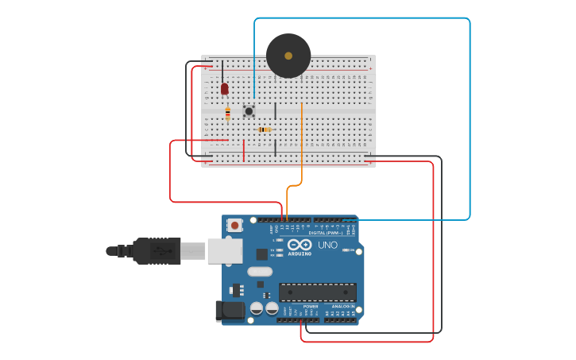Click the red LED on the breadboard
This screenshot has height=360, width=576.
pos(224,88)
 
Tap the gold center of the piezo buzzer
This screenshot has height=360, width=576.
pos(288,56)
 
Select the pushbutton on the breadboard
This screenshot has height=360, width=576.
pos(249,111)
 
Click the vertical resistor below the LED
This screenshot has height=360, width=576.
pos(227,114)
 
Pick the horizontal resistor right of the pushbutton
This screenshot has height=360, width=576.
pos(265,130)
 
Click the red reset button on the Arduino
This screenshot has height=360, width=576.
pos(234,225)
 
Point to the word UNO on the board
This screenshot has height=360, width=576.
pos(327,246)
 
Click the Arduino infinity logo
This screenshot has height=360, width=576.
pos(300,245)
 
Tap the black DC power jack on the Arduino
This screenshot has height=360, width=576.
pos(230,311)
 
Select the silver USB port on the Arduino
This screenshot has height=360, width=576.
pos(225,250)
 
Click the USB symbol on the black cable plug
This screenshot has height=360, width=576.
pos(164,251)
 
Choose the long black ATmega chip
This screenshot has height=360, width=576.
pos(317,292)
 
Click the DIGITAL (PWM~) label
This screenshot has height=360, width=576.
pos(327,233)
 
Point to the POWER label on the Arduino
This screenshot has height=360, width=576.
pos(310,306)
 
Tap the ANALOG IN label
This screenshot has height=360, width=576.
pos(342,306)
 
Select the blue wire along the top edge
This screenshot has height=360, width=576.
pos(361,18)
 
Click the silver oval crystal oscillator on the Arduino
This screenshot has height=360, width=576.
pos(260,272)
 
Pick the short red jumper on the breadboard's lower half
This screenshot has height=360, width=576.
pos(243,150)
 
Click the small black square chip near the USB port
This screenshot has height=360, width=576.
pos(261,254)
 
